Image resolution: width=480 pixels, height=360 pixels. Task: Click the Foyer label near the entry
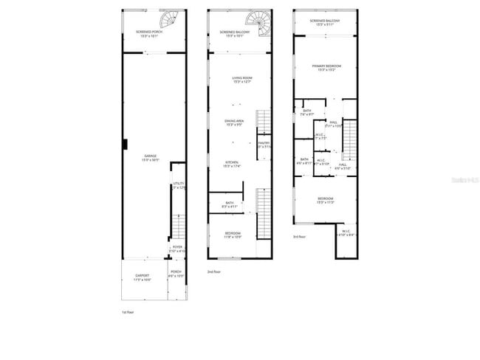[x=177, y=249]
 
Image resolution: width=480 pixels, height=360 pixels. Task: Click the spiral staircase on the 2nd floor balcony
[x=259, y=18]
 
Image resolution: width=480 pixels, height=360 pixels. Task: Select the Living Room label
[x=242, y=79]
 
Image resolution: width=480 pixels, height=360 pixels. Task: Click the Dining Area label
[x=236, y=122]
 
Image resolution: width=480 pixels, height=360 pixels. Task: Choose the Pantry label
[x=264, y=145]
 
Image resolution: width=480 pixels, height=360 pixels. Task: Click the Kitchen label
[x=232, y=164]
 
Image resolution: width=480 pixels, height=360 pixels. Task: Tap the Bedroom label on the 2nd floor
[x=233, y=235]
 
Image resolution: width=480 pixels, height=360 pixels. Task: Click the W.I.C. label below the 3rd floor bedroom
[x=346, y=232]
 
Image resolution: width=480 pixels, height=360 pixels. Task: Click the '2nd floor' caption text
[x=215, y=271]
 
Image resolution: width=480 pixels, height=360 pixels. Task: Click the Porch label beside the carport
[x=176, y=274]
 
